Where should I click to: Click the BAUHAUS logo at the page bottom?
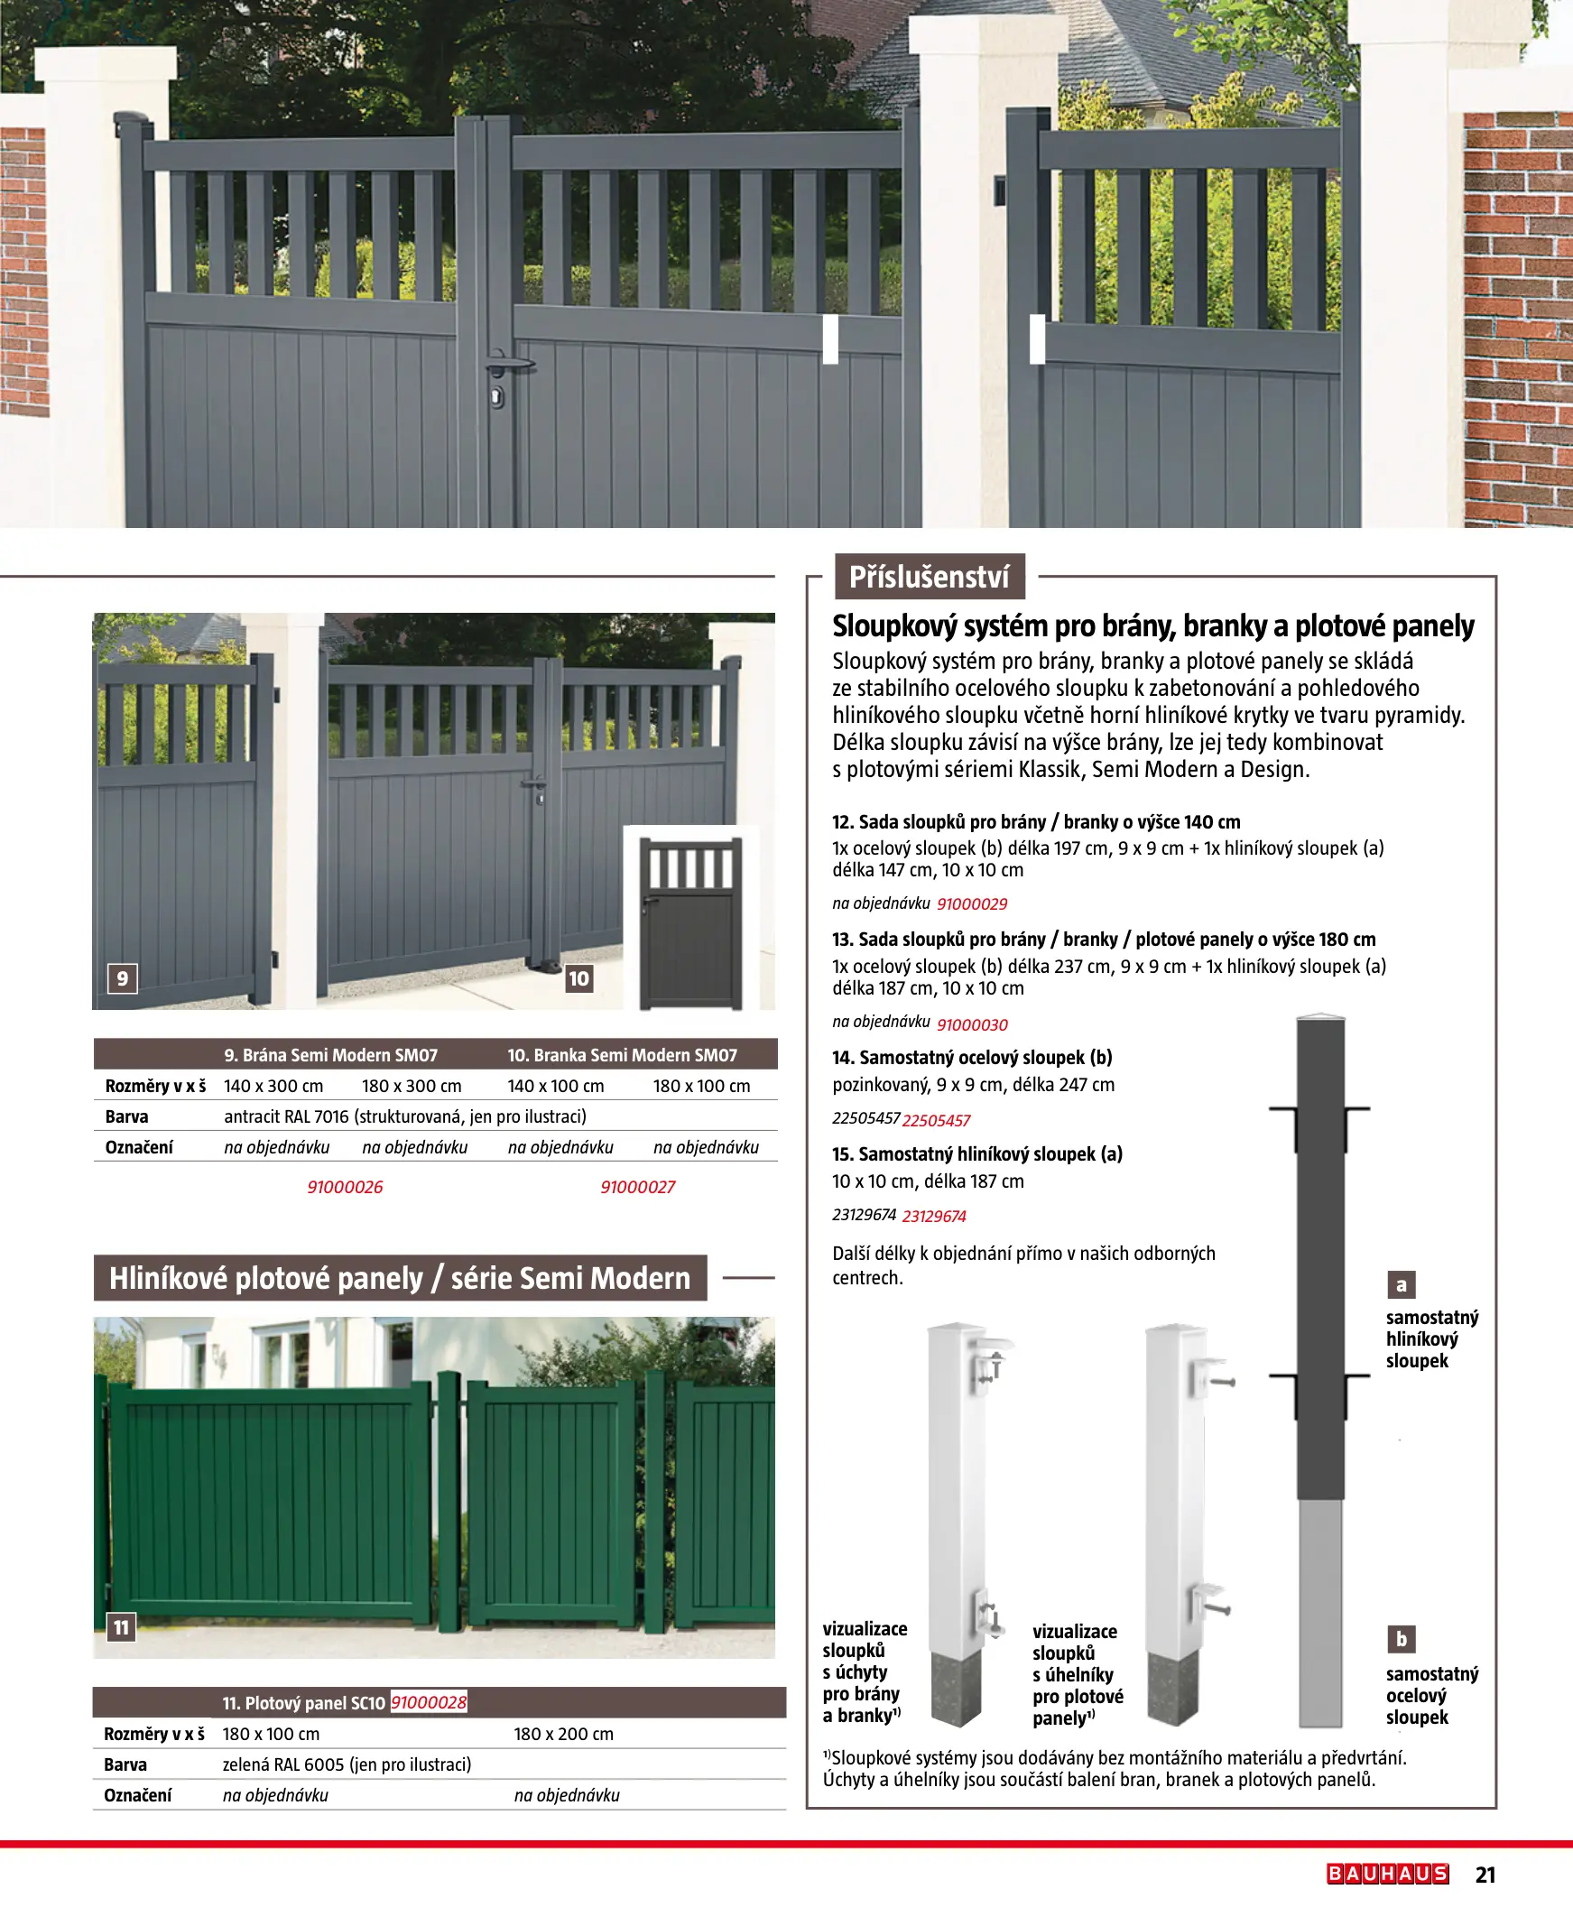1387,1873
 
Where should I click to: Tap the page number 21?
1485,1874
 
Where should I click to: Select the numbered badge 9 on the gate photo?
123,977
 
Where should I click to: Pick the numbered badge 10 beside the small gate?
578,977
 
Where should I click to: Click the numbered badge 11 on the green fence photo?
121,1627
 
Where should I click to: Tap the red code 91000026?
345,1187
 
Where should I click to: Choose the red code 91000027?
637,1187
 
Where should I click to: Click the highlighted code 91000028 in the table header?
429,1702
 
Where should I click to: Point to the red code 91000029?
971,903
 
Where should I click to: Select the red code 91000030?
971,1023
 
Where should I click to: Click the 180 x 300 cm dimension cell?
412,1086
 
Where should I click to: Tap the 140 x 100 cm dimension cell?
555,1086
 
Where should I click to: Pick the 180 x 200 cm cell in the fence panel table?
563,1733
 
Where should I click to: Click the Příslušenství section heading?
929,577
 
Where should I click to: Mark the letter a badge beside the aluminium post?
1401,1283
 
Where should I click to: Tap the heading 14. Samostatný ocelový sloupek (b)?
971,1057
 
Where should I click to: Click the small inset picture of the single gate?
690,920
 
